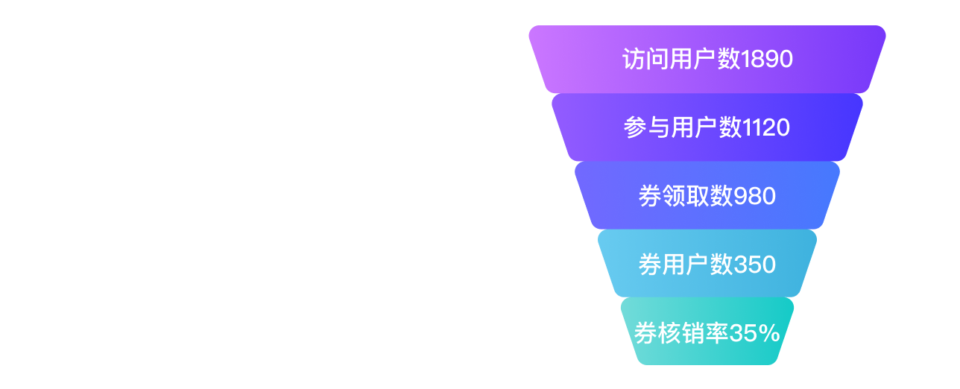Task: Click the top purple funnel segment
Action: click(x=707, y=59)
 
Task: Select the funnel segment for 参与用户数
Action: click(x=707, y=127)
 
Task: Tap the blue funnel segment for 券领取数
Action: click(x=707, y=195)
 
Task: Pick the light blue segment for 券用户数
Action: click(x=707, y=264)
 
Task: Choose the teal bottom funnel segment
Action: click(x=707, y=331)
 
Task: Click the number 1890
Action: click(x=767, y=59)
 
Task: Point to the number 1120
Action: click(x=766, y=127)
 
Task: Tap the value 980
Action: click(x=755, y=196)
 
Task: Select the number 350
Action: click(x=755, y=265)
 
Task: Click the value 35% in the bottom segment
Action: click(x=755, y=333)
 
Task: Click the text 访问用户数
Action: click(x=681, y=59)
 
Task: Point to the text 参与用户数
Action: click(x=683, y=127)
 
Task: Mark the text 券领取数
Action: click(x=686, y=196)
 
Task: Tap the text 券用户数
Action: click(x=686, y=265)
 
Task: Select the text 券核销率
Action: click(x=682, y=333)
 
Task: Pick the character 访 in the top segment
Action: click(x=634, y=59)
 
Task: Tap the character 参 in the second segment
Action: click(x=635, y=127)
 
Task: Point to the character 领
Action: click(x=674, y=196)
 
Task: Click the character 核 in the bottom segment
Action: click(x=670, y=333)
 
